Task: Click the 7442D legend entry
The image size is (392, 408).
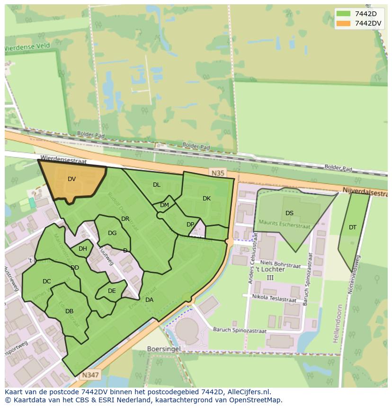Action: [x=358, y=14]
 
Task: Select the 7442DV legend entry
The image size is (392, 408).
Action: [x=358, y=23]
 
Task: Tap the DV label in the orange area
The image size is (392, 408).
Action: [x=71, y=179]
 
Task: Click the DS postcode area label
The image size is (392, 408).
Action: [x=289, y=213]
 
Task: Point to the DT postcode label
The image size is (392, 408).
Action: [x=353, y=227]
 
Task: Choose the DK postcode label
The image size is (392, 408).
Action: [x=206, y=199]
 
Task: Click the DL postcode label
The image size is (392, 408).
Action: [x=157, y=185]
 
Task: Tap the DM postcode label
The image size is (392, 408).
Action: [x=164, y=205]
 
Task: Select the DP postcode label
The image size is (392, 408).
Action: [x=190, y=225]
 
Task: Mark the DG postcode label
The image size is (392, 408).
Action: [x=112, y=233]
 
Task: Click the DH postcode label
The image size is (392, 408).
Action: [x=83, y=249]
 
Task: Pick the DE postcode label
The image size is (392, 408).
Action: [x=112, y=291]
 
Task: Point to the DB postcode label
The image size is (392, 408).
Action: [x=69, y=311]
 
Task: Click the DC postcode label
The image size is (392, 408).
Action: [x=46, y=281]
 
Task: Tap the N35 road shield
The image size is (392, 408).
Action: [x=218, y=173]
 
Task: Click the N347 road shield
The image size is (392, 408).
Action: [x=90, y=375]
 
